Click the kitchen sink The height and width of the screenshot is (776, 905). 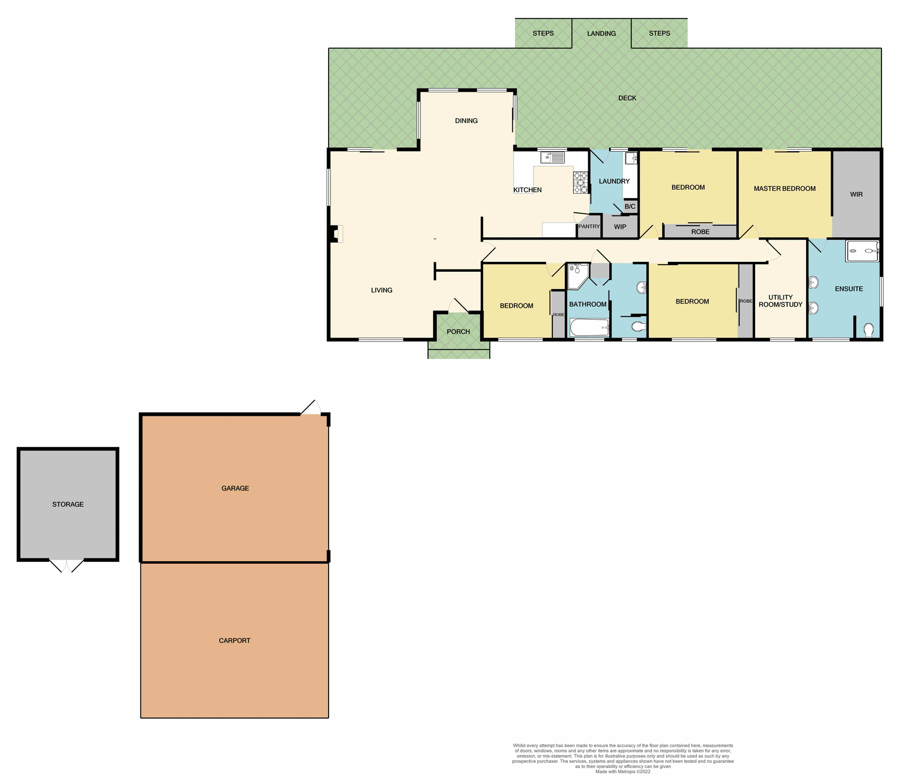click(552, 157)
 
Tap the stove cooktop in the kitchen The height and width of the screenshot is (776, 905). click(580, 183)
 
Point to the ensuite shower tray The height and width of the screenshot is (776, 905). click(862, 251)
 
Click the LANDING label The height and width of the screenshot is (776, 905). click(601, 33)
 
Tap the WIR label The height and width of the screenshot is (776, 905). click(856, 194)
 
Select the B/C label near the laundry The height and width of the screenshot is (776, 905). click(630, 207)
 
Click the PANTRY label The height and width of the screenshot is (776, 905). click(589, 226)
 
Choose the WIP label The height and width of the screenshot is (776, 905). click(620, 227)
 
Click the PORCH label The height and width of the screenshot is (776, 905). click(458, 331)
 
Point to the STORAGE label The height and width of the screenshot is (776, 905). click(68, 504)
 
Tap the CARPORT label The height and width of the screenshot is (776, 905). click(234, 640)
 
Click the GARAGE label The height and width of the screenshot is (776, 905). click(235, 488)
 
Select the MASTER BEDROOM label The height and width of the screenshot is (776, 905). click(784, 189)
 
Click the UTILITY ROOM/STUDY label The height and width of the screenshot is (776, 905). click(780, 301)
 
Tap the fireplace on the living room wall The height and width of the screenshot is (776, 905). click(336, 234)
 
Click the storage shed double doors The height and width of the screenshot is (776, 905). click(66, 565)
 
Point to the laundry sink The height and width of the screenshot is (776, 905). click(631, 158)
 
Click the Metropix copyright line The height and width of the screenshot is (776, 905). click(623, 772)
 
